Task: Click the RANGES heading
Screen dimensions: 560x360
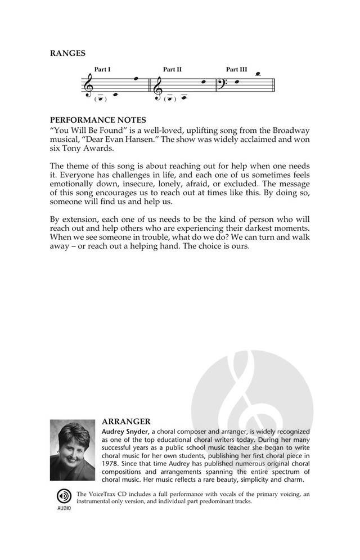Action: point(67,53)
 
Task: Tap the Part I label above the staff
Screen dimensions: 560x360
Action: point(102,70)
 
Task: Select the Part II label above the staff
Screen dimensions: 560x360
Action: point(172,70)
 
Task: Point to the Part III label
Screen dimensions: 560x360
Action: point(236,70)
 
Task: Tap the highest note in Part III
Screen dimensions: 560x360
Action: point(258,74)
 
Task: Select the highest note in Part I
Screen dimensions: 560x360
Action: point(136,79)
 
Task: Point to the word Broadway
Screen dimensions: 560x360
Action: point(291,129)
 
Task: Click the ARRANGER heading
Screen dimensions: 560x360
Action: point(126,421)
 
